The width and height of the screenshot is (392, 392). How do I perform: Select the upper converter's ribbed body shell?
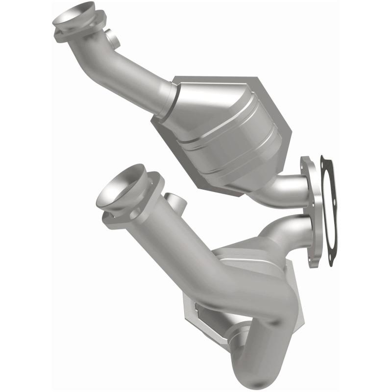coord(230,132)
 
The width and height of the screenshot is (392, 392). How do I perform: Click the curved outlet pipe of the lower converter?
coord(289,230)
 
